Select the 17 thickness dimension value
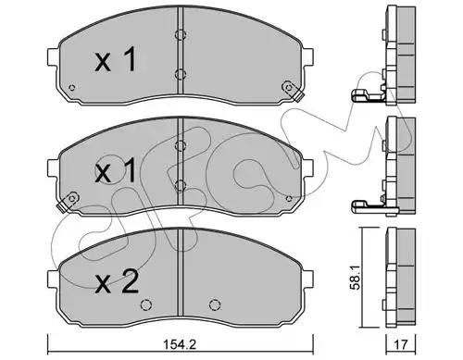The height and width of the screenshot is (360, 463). pos(401,344)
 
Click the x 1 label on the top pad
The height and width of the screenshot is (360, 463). pos(116,59)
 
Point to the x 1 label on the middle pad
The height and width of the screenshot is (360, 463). pos(116,169)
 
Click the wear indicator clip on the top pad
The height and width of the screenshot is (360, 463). pos(292,91)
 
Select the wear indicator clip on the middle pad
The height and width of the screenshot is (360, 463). pos(68,201)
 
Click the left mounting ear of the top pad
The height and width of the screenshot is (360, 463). pos(53,57)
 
